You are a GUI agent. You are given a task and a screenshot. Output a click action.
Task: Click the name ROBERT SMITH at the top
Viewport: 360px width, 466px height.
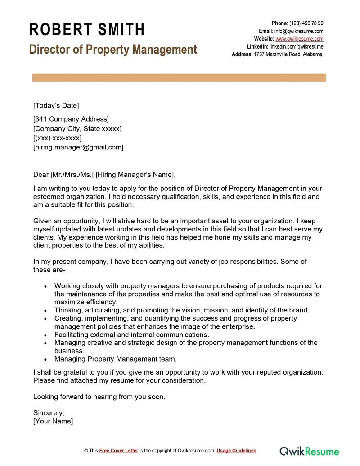87,30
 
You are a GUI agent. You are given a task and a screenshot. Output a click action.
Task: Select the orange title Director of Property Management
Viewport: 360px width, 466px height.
113,49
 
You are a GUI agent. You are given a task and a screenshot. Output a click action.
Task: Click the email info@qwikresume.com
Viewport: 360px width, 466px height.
299,31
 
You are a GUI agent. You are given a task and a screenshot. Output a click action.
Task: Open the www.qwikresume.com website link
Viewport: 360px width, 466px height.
299,39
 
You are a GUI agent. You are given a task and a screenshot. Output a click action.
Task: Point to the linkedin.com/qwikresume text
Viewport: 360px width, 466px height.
296,46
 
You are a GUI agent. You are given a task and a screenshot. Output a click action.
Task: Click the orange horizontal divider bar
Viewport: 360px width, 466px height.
179,78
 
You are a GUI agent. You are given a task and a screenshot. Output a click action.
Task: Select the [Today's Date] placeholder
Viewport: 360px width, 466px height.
56,105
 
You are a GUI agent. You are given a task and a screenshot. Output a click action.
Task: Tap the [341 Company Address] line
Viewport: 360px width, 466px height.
71,119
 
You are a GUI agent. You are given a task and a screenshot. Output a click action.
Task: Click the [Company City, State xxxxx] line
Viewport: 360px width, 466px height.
77,129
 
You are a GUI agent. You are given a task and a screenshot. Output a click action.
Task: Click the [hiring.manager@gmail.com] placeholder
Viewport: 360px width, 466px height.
78,147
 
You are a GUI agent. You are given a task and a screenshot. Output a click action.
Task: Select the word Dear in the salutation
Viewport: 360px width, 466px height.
41,175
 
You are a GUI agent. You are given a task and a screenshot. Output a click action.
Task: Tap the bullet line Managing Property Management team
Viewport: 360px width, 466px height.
116,359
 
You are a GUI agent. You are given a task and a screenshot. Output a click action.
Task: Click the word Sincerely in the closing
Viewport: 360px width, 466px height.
49,412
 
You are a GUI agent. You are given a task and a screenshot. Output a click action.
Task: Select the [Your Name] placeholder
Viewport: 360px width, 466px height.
53,421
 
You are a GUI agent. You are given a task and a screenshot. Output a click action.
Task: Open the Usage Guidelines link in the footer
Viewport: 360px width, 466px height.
236,451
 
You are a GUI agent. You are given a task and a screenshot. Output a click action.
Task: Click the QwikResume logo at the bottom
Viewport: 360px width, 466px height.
310,451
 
